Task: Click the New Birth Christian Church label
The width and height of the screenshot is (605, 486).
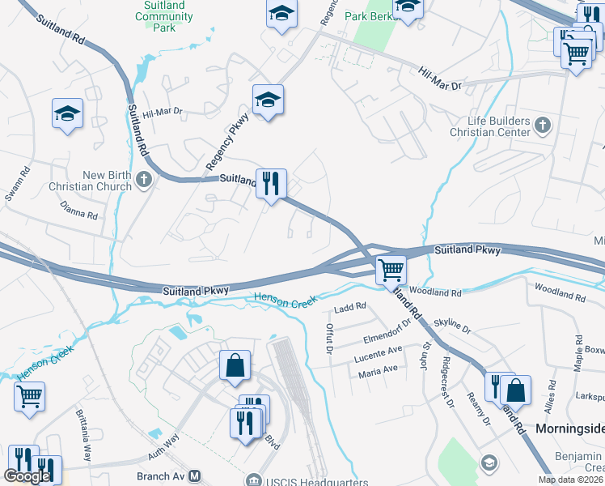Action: pyautogui.click(x=107, y=181)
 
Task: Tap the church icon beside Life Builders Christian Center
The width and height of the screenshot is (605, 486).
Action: pyautogui.click(x=543, y=125)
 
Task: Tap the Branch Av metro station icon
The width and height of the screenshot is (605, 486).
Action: pyautogui.click(x=194, y=477)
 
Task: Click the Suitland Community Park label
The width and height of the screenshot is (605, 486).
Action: pyautogui.click(x=164, y=16)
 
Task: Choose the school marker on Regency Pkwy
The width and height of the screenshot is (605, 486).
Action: pyautogui.click(x=268, y=100)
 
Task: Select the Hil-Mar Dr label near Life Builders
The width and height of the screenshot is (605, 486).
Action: pyautogui.click(x=439, y=79)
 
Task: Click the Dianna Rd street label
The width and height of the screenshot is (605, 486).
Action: pyautogui.click(x=78, y=211)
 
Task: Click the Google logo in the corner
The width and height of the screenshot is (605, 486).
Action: pyautogui.click(x=27, y=476)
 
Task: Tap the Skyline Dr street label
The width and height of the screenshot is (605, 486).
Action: pyautogui.click(x=452, y=326)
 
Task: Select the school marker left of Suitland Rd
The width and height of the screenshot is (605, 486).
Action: pyautogui.click(x=67, y=114)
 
